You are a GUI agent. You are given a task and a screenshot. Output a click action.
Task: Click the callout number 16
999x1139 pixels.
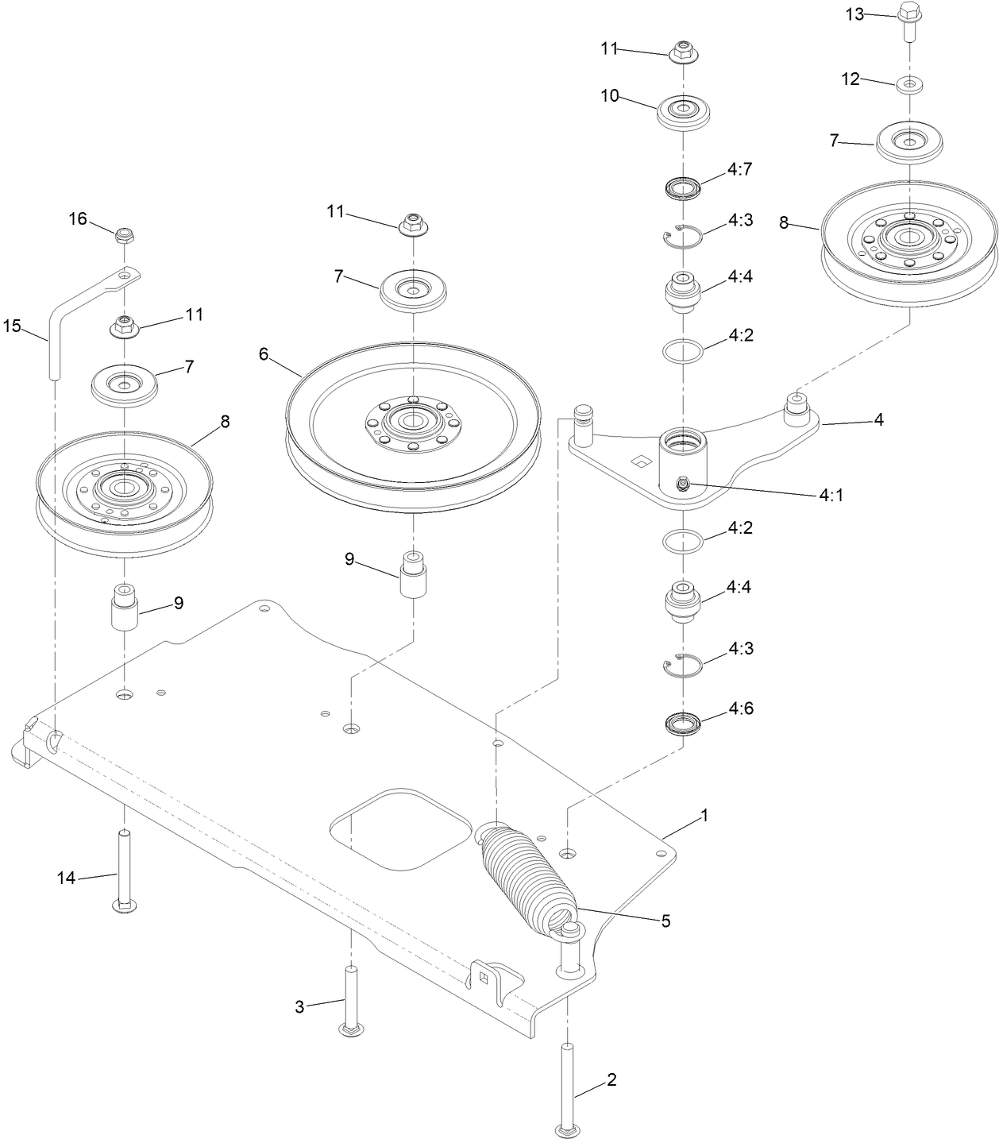point(78,218)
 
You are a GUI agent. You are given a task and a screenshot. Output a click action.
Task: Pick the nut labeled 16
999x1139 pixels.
point(123,235)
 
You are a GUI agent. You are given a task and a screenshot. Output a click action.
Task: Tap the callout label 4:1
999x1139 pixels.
point(831,495)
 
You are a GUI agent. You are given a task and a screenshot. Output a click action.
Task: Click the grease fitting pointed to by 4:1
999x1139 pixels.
point(681,484)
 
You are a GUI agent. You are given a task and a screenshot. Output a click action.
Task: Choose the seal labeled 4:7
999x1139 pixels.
point(682,189)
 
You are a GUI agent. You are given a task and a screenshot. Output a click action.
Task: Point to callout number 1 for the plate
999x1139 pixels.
point(704,816)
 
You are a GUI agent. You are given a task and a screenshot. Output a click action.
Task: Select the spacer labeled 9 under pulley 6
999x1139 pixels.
point(413,576)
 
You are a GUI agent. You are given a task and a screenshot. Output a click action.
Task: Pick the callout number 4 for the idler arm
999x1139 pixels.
point(878,419)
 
